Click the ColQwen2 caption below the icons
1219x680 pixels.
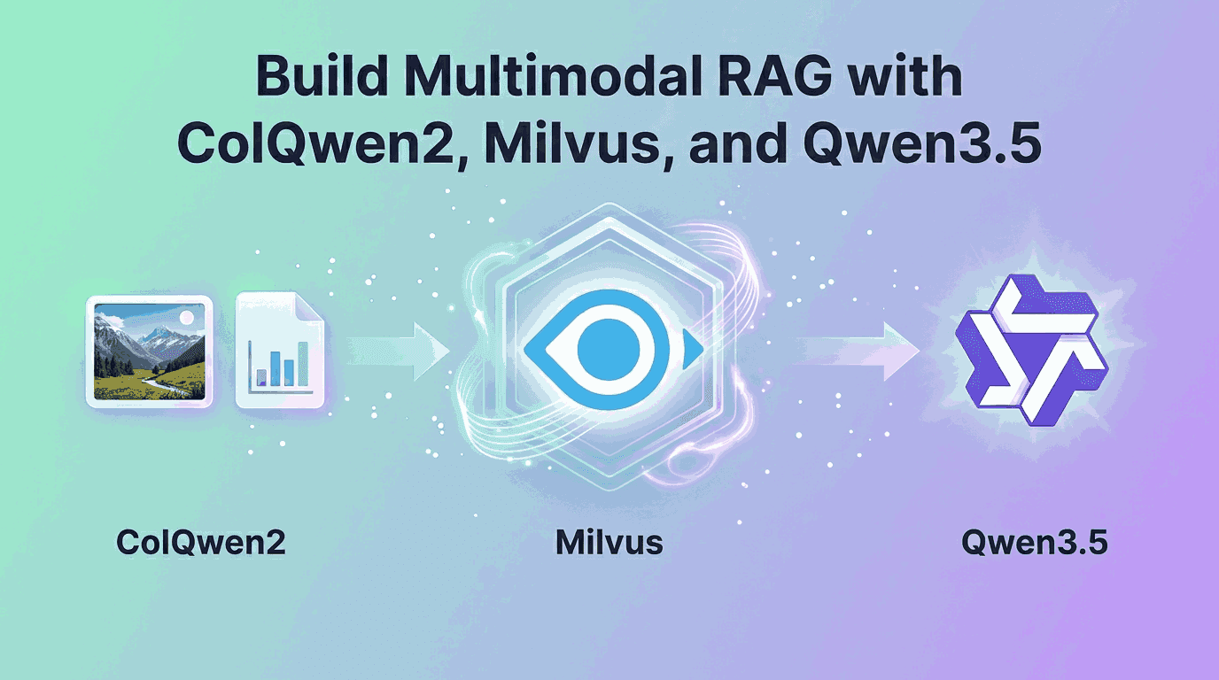202,542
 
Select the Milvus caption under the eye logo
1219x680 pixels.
609,542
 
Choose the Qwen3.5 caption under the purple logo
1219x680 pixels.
1034,542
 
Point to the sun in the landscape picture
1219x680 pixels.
186,317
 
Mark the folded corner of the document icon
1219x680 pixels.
310,309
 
